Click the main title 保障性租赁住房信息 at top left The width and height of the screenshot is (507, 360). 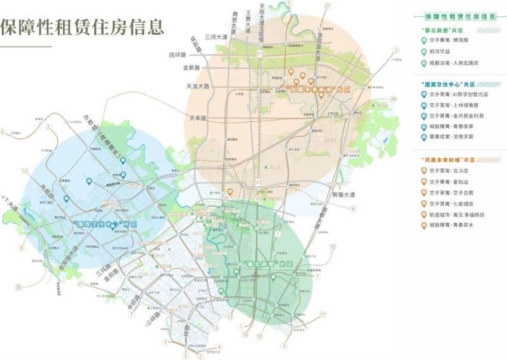82,27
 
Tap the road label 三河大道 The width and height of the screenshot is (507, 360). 216,37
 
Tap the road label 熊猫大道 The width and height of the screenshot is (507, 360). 343,195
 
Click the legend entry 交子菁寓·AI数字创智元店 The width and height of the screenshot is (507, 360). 459,94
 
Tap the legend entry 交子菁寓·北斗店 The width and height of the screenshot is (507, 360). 449,171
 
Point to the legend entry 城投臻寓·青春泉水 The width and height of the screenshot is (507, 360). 452,225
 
